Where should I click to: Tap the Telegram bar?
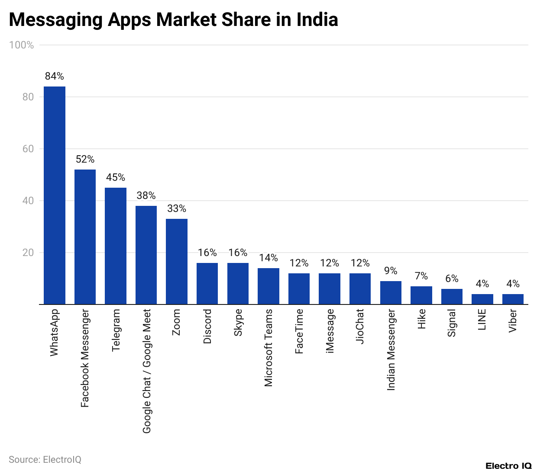pyautogui.click(x=116, y=246)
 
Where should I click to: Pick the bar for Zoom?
pyautogui.click(x=177, y=262)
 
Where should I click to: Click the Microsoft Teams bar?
pyautogui.click(x=268, y=286)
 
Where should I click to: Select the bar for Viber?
pyautogui.click(x=513, y=299)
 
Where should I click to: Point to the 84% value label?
pyautogui.click(x=55, y=76)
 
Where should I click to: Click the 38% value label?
pyautogui.click(x=146, y=195)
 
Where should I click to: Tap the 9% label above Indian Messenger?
pyautogui.click(x=391, y=271)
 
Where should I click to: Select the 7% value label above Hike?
pyautogui.click(x=421, y=276)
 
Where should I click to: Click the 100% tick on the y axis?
pyautogui.click(x=22, y=45)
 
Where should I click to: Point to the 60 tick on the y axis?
pyautogui.click(x=28, y=149)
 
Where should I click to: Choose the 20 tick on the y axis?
pyautogui.click(x=28, y=253)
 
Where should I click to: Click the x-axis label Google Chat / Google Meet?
pyautogui.click(x=147, y=371)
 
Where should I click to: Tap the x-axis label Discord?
pyautogui.click(x=207, y=326)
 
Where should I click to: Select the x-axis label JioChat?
pyautogui.click(x=360, y=326)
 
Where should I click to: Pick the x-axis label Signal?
pyautogui.click(x=452, y=323)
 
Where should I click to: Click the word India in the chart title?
pyautogui.click(x=317, y=20)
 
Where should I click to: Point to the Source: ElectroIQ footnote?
pyautogui.click(x=45, y=459)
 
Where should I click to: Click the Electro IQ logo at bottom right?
pyautogui.click(x=508, y=466)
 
